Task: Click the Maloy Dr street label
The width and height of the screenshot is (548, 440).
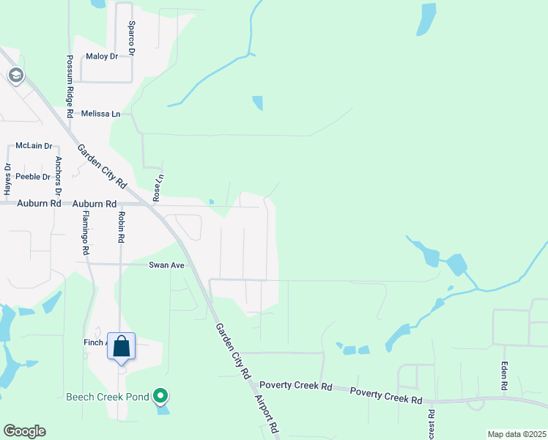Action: pos(101,56)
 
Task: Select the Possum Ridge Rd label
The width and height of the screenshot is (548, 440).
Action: pos(70,87)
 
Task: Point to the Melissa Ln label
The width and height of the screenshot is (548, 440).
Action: pos(101,114)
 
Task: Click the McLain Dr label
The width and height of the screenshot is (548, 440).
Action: pos(34,147)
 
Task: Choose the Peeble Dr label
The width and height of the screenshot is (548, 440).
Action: pos(33,177)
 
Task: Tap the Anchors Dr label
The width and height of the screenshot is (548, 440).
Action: pos(58,175)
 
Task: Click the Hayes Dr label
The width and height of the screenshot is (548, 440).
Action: pos(8,180)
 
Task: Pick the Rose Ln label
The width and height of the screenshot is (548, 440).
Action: pos(157,188)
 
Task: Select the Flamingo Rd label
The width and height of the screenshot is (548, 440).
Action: pos(86,232)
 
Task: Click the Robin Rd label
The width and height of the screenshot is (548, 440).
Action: pos(121,228)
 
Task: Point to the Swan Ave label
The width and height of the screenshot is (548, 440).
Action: pos(166,265)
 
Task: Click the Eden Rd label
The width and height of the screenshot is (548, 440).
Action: pos(504,376)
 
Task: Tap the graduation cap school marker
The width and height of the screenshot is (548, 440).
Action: pos(15,75)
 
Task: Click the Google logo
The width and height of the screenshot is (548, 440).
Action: pos(24,431)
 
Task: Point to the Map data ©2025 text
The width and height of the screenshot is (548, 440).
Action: pos(516,434)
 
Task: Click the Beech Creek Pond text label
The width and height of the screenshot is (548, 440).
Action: pos(108,397)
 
